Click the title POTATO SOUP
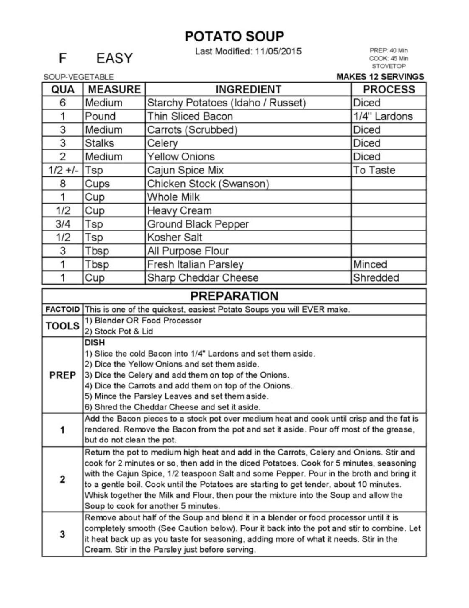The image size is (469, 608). click(x=234, y=36)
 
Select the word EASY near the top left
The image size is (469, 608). click(x=114, y=58)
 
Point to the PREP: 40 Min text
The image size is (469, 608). click(x=388, y=51)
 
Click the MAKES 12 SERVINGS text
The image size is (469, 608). click(x=380, y=77)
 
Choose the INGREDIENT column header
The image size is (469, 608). click(x=248, y=89)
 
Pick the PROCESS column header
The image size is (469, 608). click(x=389, y=89)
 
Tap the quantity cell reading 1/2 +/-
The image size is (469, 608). click(x=63, y=170)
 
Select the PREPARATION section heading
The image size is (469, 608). click(x=234, y=296)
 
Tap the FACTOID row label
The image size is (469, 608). click(x=62, y=310)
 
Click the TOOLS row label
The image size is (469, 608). click(x=62, y=326)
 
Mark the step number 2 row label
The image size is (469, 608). click(x=62, y=479)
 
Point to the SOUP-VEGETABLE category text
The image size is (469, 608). click(x=79, y=77)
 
